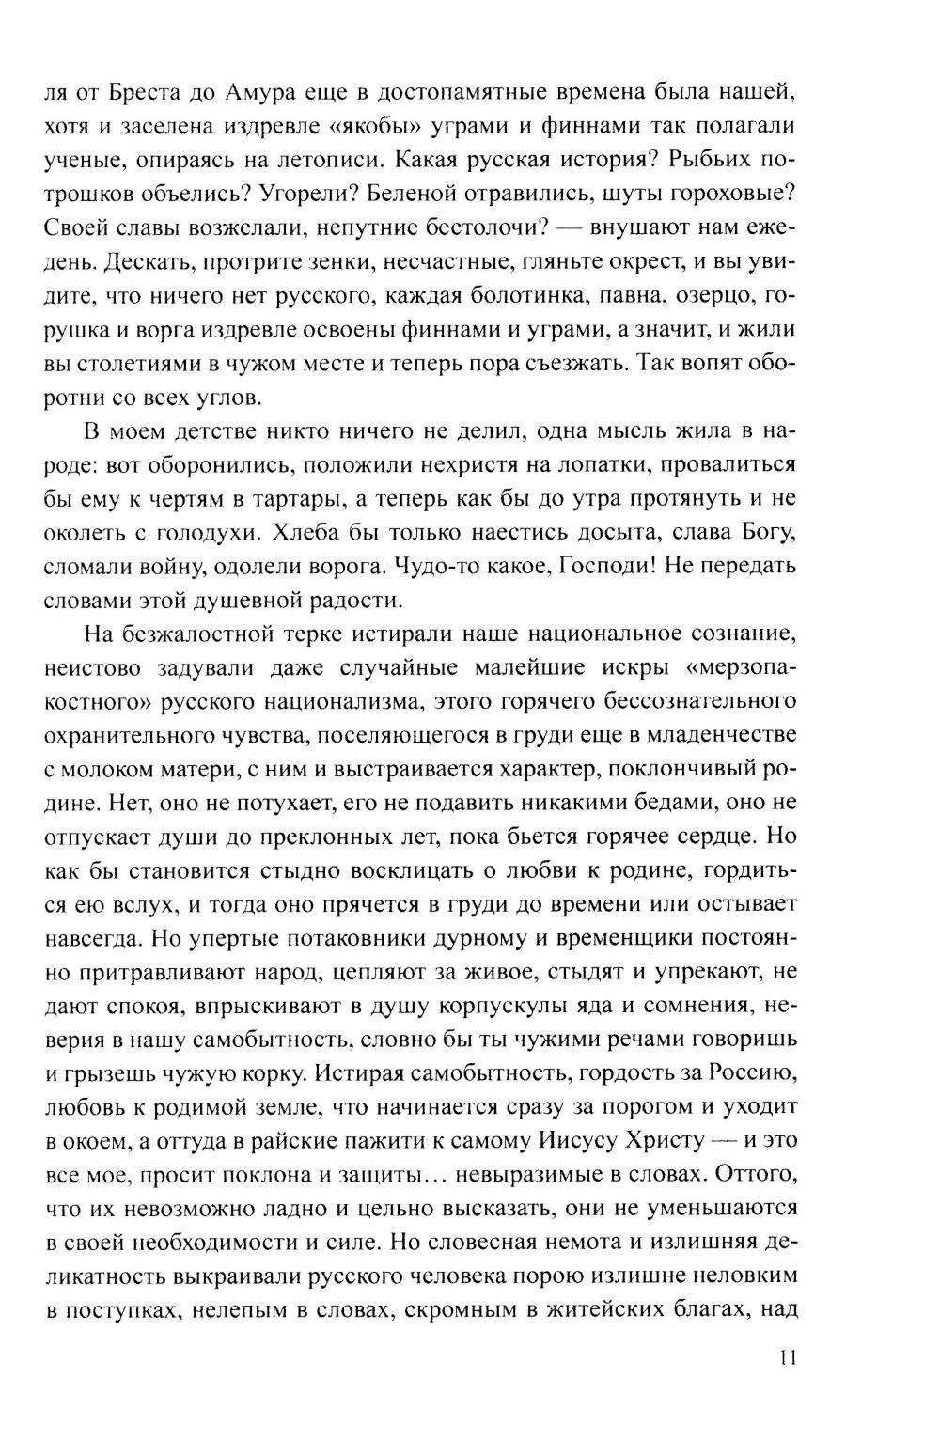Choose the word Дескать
point(130,261)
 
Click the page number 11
point(788,1357)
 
